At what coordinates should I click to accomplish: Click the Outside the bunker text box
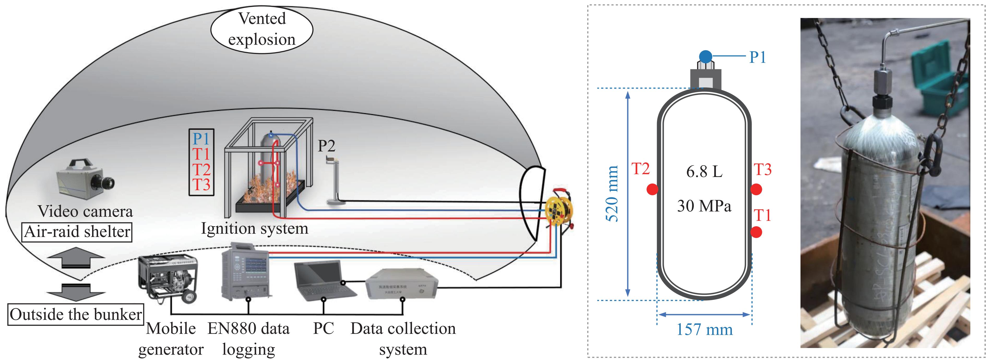click(75, 314)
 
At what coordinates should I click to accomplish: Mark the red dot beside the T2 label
click(652, 189)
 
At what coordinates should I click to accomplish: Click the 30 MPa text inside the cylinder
click(704, 206)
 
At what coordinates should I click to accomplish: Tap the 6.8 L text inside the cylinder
click(704, 172)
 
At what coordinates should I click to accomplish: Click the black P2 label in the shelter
click(326, 146)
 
